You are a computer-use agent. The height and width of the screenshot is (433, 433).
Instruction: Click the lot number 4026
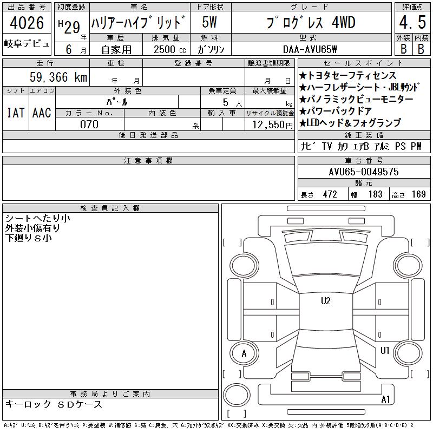(27, 23)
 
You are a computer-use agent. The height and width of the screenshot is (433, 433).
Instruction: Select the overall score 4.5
(412, 22)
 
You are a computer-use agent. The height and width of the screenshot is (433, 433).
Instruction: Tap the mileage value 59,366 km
(58, 77)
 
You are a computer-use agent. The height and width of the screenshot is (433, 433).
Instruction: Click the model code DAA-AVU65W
(310, 49)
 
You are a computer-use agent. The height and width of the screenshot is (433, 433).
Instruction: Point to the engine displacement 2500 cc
(169, 49)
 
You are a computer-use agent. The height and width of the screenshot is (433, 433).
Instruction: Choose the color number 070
(89, 124)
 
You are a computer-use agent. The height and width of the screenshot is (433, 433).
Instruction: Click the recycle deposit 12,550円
(273, 125)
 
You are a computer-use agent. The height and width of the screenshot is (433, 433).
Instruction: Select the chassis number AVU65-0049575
(364, 172)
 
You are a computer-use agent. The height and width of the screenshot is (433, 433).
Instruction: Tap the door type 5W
(209, 22)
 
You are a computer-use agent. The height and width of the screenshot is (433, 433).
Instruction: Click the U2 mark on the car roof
(326, 301)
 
